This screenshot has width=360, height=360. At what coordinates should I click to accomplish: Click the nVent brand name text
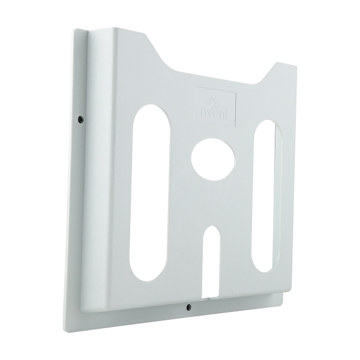click(214, 112)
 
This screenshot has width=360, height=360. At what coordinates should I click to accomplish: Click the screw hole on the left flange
click(80, 119)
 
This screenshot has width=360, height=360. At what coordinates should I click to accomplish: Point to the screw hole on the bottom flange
click(188, 306)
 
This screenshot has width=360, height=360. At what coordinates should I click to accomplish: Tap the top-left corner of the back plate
click(74, 30)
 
